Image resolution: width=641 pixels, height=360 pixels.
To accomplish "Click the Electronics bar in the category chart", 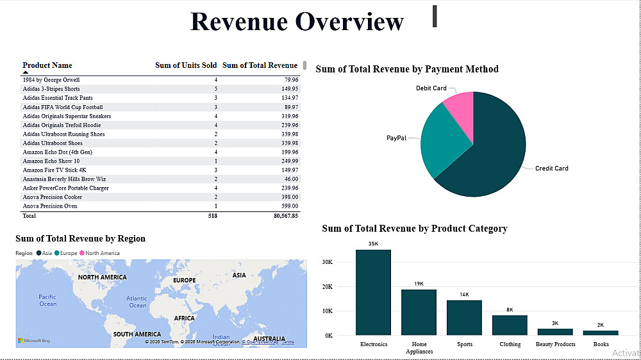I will coord(373,292).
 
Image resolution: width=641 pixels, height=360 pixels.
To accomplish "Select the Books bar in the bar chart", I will coord(601,332).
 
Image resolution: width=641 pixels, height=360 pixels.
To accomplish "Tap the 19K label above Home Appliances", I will coord(419,284).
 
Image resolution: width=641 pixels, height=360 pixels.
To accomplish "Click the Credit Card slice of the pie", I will coord(494,154).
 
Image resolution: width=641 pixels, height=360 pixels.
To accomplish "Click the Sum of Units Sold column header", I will coord(186,65).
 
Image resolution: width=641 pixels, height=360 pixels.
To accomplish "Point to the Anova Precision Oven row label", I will coord(50,206).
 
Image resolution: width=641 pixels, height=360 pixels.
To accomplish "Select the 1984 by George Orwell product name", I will coord(51,80).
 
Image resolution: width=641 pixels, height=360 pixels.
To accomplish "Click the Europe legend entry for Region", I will coord(68,253).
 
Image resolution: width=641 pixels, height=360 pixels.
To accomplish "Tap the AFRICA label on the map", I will coord(184,318).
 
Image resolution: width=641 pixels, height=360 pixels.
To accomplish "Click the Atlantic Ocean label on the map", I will coord(137,302).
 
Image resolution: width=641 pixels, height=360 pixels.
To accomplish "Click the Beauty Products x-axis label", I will coord(556,345).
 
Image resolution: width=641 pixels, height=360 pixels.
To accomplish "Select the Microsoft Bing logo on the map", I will coord(34,341).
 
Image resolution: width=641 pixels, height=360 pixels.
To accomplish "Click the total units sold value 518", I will coord(212,217).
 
